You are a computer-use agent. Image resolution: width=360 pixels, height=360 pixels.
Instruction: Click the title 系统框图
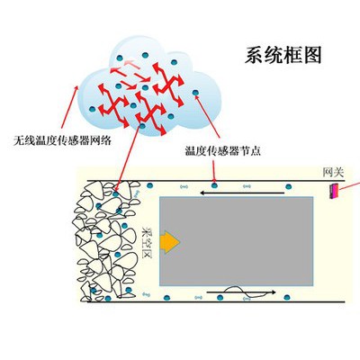point(283,55)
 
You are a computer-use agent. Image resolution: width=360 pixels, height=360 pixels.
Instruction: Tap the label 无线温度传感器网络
point(62,140)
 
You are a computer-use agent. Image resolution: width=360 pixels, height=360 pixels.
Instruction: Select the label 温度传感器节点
point(222,150)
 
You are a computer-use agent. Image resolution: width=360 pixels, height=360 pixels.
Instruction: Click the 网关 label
point(333,173)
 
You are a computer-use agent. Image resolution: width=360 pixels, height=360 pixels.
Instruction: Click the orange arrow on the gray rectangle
point(170,242)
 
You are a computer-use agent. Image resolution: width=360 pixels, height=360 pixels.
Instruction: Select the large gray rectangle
point(237,241)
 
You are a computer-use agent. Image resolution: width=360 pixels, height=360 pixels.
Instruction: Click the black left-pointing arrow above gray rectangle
point(242,193)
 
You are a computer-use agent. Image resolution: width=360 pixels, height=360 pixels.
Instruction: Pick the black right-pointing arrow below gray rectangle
point(241,292)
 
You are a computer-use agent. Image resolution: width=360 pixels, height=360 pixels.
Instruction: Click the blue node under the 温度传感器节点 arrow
point(214,185)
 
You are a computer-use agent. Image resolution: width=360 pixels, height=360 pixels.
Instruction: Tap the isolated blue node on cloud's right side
point(195,93)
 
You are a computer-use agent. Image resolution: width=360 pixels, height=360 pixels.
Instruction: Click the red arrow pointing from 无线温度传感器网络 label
point(70,107)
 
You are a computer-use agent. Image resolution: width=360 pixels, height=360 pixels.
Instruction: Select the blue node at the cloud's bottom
point(142,126)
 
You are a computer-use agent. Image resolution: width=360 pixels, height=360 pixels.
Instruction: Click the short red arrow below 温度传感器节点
point(213,171)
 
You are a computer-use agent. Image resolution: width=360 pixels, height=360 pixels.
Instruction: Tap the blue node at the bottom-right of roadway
point(287,297)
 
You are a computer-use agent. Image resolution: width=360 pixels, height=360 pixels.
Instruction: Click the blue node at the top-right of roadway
point(288,186)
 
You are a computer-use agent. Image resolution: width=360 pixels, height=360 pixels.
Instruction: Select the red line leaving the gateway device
point(349,185)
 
